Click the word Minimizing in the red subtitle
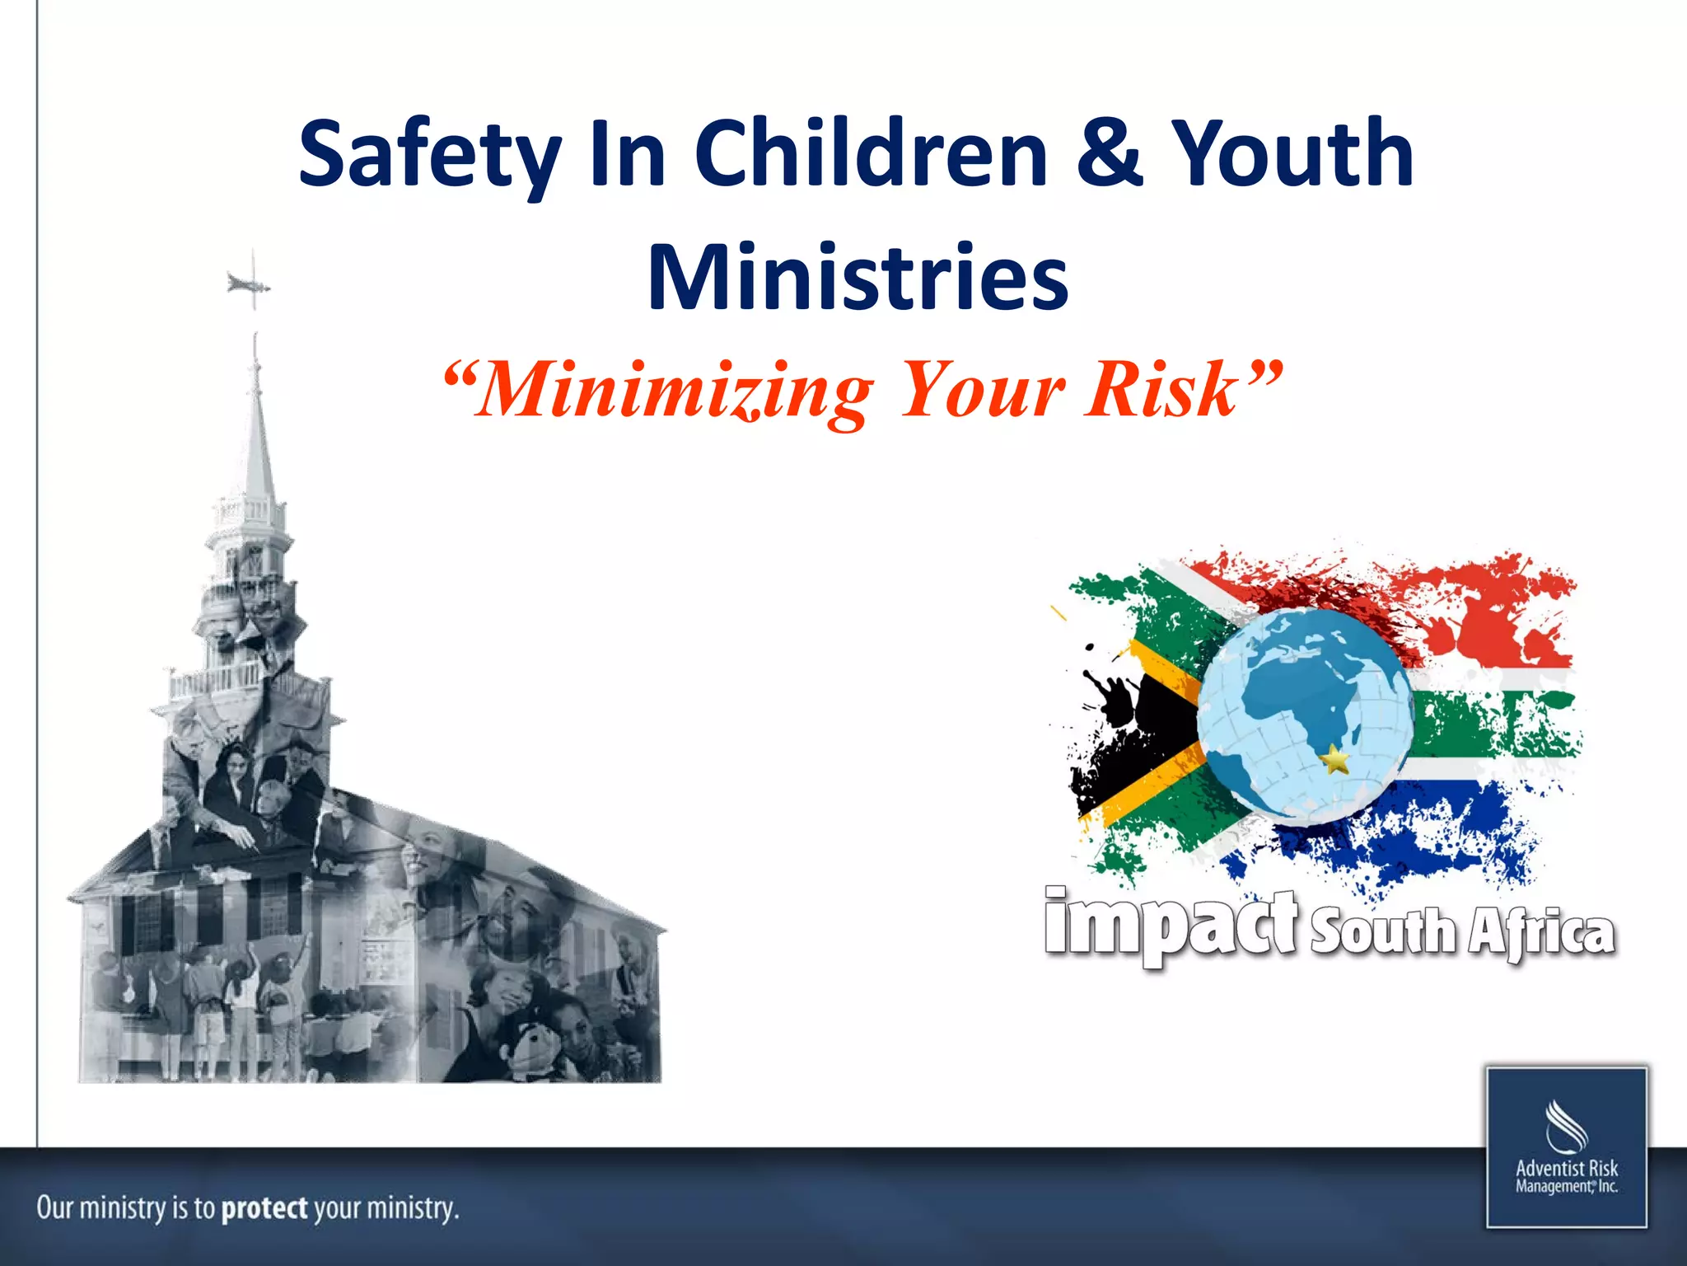point(675,391)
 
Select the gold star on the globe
point(1334,758)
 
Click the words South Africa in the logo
point(1462,931)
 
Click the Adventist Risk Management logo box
point(1567,1146)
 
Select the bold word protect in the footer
point(264,1208)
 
